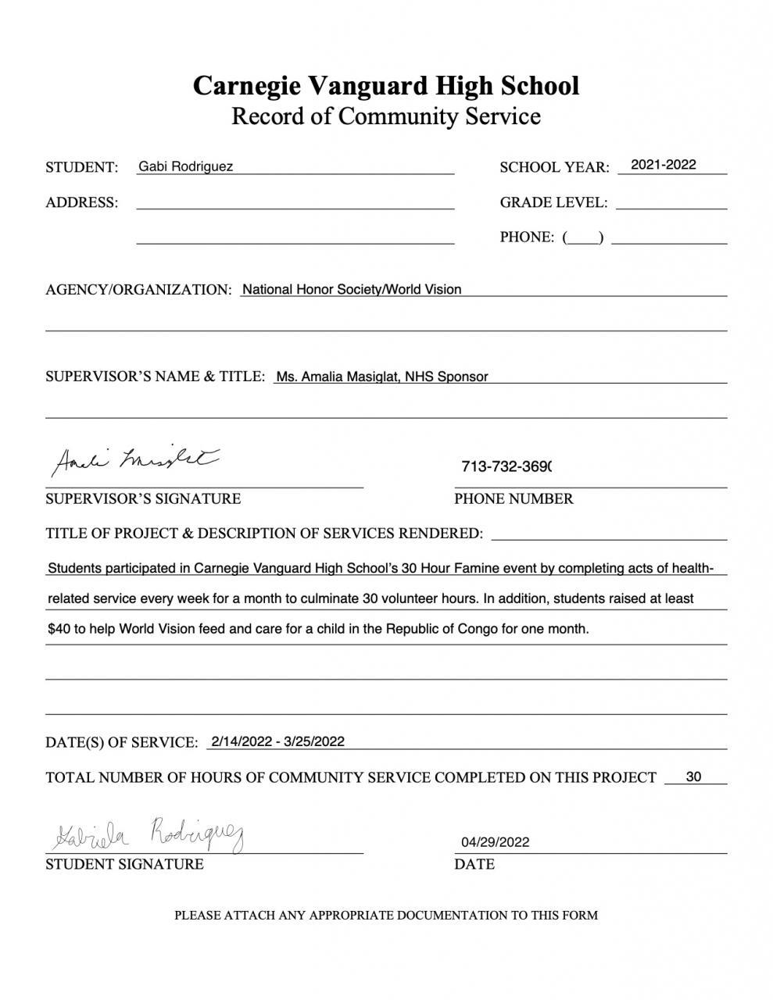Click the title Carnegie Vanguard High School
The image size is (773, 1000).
pyautogui.click(x=386, y=85)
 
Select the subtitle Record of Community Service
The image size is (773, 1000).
pyautogui.click(x=386, y=116)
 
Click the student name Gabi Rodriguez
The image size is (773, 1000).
pyautogui.click(x=185, y=166)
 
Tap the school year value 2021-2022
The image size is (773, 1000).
pyautogui.click(x=663, y=165)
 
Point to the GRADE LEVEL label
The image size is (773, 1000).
pyautogui.click(x=553, y=202)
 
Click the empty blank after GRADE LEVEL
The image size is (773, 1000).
pyautogui.click(x=671, y=202)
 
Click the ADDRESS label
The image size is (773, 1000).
pyautogui.click(x=82, y=202)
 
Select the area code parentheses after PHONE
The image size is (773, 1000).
pyautogui.click(x=583, y=237)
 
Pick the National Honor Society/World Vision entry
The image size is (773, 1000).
pyautogui.click(x=352, y=289)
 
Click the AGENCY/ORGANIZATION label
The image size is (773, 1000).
pyautogui.click(x=138, y=290)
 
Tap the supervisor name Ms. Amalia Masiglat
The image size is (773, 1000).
pyautogui.click(x=338, y=377)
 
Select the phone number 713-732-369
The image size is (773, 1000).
pyautogui.click(x=506, y=466)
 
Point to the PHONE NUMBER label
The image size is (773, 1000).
pyautogui.click(x=514, y=498)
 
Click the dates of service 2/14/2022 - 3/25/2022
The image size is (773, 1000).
pyautogui.click(x=277, y=741)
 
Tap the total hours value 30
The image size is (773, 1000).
pyautogui.click(x=693, y=777)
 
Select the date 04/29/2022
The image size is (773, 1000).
pyautogui.click(x=495, y=842)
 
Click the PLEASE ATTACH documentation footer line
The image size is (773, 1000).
pyautogui.click(x=386, y=915)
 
